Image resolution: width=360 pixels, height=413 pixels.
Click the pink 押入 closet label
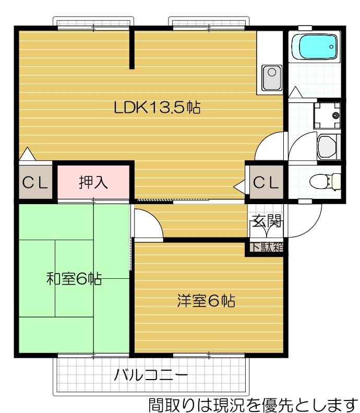point(93,182)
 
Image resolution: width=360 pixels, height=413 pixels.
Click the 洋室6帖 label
point(206,301)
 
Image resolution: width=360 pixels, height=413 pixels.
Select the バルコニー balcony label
point(151,375)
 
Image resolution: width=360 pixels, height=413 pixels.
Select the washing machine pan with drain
point(327,114)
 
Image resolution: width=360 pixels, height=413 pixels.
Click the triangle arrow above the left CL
point(27,155)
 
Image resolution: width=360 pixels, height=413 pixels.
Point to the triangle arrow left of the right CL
point(240,185)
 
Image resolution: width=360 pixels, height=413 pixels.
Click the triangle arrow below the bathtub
point(295,92)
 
